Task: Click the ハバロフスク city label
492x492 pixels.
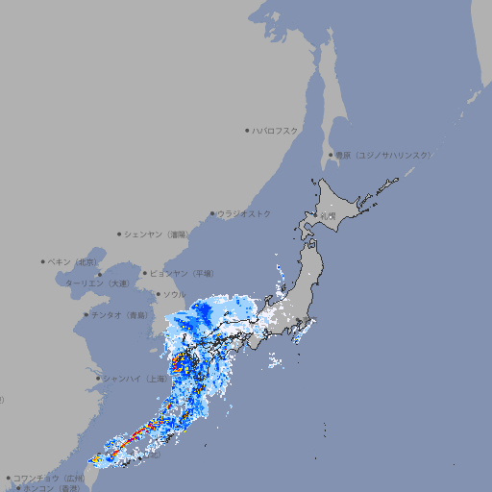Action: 276,131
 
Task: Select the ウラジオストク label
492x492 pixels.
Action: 244,213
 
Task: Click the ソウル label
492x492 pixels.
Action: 174,294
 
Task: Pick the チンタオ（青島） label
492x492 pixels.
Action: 120,315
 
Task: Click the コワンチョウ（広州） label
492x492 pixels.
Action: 48,478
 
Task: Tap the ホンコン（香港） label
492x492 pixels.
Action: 51,488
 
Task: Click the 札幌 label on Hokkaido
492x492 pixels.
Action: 329,216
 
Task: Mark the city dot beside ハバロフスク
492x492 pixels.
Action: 247,131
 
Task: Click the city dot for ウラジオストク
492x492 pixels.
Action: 212,213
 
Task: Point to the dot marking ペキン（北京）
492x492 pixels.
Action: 43,261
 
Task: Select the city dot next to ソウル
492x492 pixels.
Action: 158,294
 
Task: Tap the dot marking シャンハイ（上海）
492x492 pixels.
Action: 98,379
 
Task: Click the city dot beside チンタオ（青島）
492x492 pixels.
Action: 86,315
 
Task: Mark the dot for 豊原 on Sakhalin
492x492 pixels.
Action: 331,155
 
